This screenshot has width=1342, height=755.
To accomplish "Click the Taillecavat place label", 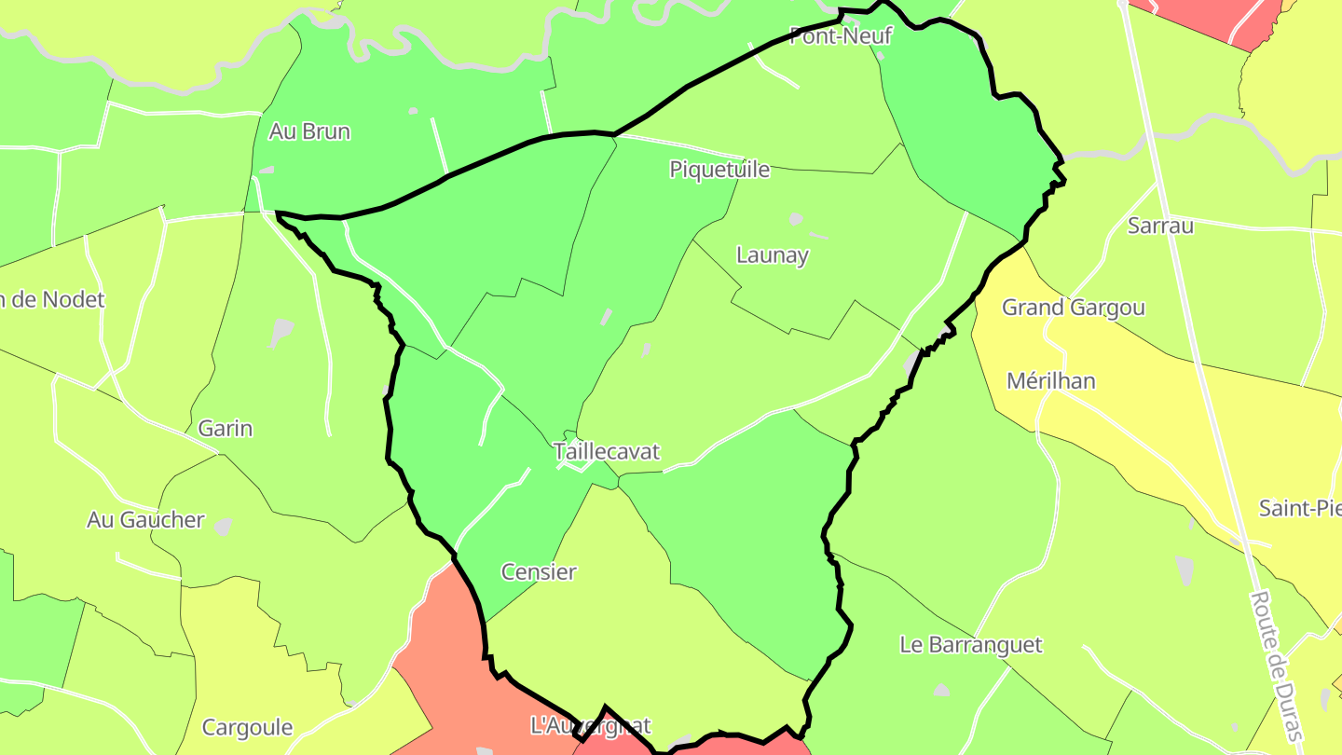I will tap(607, 452).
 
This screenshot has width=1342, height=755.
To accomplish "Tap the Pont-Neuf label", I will tap(841, 36).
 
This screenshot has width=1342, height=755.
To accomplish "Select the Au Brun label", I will tap(309, 131).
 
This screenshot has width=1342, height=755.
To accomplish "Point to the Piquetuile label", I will tap(719, 170).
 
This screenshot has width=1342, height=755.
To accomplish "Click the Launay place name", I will tap(773, 255).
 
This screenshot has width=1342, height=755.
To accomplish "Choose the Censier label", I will tap(539, 572).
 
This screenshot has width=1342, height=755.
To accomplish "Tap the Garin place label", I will tap(226, 429).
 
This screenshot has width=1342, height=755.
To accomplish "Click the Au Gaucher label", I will tap(145, 520).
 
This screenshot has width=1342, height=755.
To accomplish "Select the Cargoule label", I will tap(248, 728).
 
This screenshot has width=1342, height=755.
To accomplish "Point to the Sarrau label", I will tap(1160, 226).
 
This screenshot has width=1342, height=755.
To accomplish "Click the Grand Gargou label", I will tap(1074, 308).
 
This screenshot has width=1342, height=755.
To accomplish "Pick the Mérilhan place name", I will tap(1051, 381).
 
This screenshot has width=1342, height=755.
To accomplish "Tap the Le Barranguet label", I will tap(971, 645).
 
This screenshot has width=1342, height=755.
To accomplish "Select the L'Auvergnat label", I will tap(590, 725).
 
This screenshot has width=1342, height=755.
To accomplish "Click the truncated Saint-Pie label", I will tap(1300, 509).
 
